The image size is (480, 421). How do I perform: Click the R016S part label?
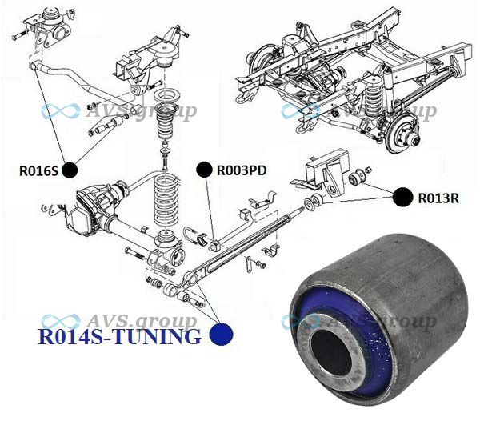38,170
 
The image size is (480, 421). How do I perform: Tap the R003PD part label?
242,170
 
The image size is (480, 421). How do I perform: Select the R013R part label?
438,198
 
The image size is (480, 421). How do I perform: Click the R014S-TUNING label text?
119,336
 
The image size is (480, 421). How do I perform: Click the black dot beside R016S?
70,170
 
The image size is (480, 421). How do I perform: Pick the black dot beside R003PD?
204,170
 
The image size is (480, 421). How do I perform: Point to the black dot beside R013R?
403,198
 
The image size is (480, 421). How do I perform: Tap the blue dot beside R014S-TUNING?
222,335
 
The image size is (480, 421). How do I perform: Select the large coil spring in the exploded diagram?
166,201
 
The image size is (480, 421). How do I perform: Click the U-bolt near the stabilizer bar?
191,235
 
